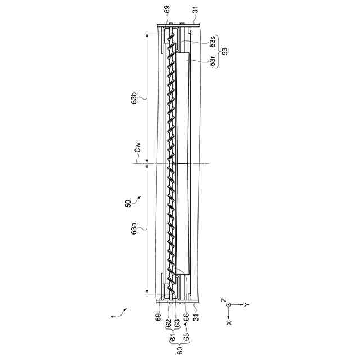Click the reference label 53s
(213, 42)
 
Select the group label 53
(225, 51)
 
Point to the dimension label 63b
(134, 98)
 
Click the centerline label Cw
(137, 147)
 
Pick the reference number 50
(128, 204)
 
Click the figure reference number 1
(112, 316)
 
